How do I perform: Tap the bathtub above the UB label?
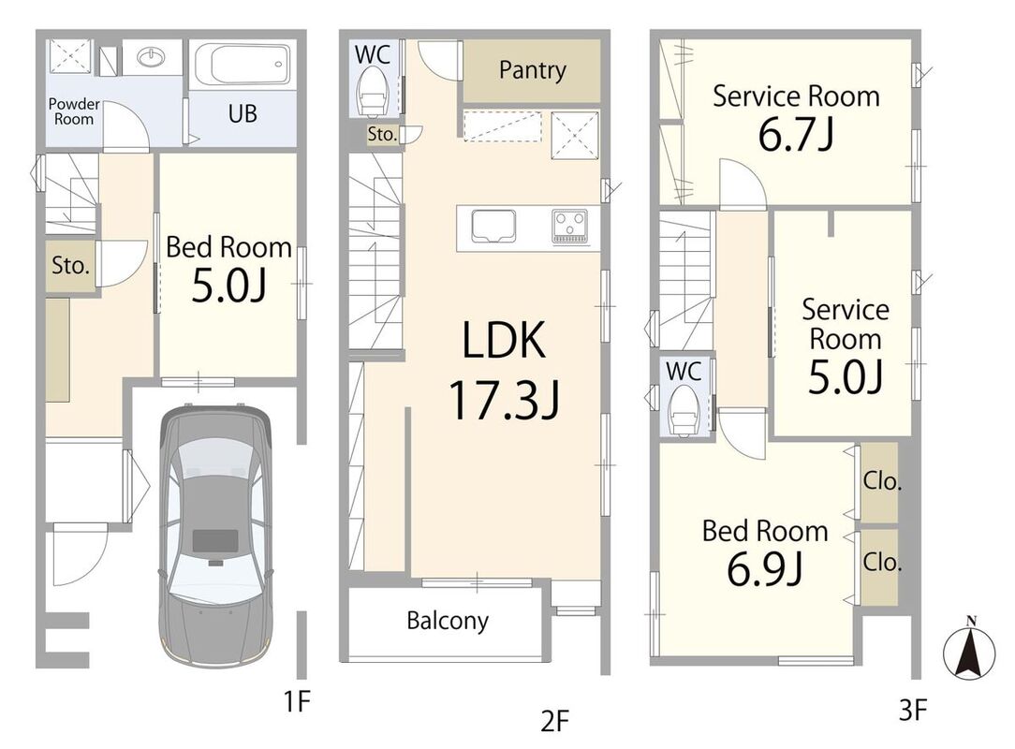click(243, 64)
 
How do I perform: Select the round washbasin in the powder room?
click(152, 58)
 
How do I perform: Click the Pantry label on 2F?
click(532, 70)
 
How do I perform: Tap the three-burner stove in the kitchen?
click(569, 227)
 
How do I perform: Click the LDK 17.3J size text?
click(505, 400)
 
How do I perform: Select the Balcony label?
click(448, 621)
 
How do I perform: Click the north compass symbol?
click(969, 650)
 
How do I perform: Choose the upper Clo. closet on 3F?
click(879, 482)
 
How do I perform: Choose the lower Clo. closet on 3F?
click(879, 567)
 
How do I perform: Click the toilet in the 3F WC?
click(684, 409)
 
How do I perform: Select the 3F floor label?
click(913, 712)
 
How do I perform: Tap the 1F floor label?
click(298, 701)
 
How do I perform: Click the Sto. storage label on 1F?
click(70, 265)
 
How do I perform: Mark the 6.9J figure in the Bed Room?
click(764, 569)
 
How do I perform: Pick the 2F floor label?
click(554, 721)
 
